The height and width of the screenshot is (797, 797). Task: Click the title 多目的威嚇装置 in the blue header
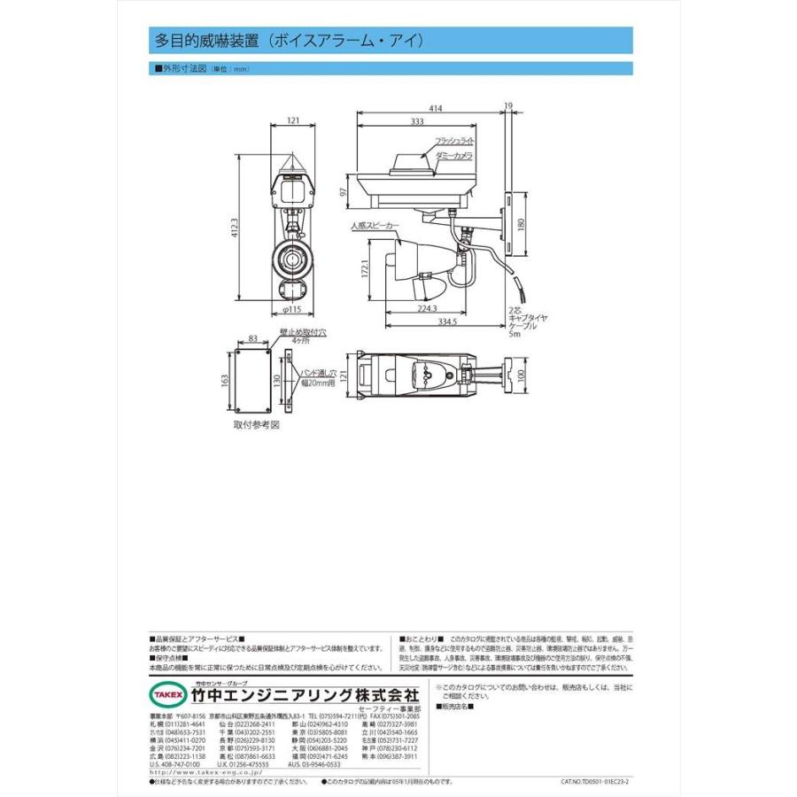pos(206,41)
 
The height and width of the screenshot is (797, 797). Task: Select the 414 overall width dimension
pos(434,108)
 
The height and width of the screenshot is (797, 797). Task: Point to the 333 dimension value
pos(415,121)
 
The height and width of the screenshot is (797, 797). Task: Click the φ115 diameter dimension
pos(293,311)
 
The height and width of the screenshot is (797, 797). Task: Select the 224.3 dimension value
pos(427,309)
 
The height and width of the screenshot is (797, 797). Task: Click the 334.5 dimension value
pos(446,322)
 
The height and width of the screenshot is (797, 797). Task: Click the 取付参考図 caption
pos(256,424)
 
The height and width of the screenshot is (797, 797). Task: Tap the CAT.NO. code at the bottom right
pos(600,783)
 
